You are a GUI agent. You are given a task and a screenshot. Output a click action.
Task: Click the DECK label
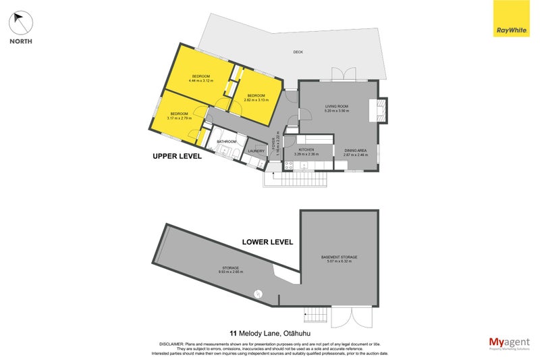tap(298, 52)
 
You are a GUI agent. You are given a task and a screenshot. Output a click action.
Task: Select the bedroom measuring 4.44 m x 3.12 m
tap(201, 78)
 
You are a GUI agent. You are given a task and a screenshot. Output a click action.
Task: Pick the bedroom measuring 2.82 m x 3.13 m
tap(256, 98)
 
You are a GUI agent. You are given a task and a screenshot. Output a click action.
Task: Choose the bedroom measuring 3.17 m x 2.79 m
tap(179, 115)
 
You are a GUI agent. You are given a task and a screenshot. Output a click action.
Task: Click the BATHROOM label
tap(226, 142)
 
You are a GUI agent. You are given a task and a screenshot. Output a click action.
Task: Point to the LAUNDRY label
tap(256, 151)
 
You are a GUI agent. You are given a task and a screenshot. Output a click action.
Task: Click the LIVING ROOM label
tap(336, 107)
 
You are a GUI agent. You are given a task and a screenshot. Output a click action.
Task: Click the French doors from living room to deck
tap(342, 75)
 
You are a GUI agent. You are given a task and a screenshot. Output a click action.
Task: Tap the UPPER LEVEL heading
tap(178, 156)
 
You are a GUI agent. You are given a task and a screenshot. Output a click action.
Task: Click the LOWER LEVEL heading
tap(268, 241)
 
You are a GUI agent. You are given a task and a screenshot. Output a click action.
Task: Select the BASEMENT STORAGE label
tap(340, 257)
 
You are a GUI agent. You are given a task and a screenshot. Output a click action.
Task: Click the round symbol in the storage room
tap(258, 293)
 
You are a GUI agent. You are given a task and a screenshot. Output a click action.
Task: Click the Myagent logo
tap(509, 342)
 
